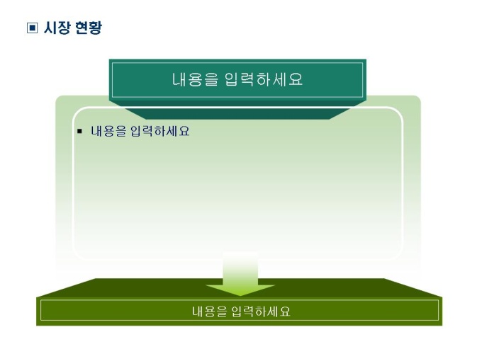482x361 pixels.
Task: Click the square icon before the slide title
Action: (31, 28)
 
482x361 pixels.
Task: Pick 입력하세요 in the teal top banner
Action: (264, 79)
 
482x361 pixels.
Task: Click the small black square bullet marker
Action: (80, 131)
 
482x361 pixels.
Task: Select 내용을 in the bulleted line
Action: (108, 131)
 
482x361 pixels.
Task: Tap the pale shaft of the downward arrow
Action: (240, 268)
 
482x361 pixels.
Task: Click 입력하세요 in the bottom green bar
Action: (261, 311)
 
